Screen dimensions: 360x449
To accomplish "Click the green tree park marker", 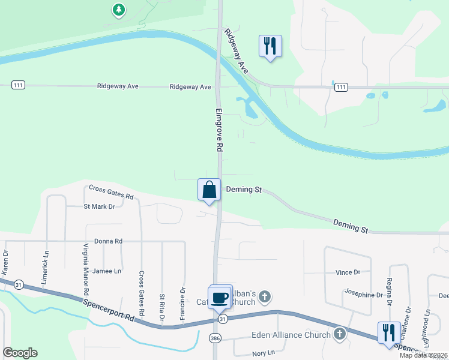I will tap(119, 10).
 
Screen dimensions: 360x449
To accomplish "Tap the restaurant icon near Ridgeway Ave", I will tap(270, 45).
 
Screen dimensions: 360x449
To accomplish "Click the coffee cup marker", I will tap(220, 297).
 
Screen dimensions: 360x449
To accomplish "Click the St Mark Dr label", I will tap(99, 206).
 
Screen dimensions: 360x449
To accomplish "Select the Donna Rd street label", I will tap(108, 241).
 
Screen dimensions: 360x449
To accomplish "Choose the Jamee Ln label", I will tap(107, 271).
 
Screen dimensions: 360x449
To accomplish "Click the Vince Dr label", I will tap(348, 272).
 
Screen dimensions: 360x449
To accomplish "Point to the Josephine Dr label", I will tap(363, 295).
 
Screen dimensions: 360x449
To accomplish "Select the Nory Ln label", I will tap(263, 354).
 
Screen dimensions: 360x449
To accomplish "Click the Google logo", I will tap(20, 353).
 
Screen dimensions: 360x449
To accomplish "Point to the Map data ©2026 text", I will tap(423, 355).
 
